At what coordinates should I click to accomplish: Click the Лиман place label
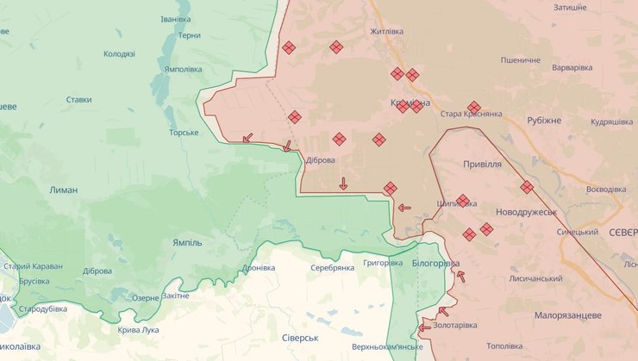click(x=64, y=190)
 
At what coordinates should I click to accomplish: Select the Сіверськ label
click(x=300, y=337)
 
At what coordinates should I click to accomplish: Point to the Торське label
click(x=184, y=133)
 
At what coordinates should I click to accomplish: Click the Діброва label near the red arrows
click(x=320, y=159)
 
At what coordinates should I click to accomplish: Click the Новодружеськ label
click(x=526, y=211)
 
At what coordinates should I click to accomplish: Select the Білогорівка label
click(x=435, y=263)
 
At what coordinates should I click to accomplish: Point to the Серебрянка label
click(x=332, y=267)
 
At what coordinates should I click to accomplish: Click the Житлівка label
click(x=386, y=32)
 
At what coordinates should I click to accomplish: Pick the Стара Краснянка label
click(x=471, y=114)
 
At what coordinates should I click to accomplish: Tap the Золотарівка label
click(x=455, y=325)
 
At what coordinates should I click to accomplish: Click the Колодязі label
click(x=119, y=53)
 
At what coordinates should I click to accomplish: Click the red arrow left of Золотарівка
click(x=424, y=327)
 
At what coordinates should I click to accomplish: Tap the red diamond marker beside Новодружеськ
click(x=527, y=187)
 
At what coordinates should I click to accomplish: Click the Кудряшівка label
click(x=611, y=122)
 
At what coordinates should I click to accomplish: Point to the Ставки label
click(x=78, y=99)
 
